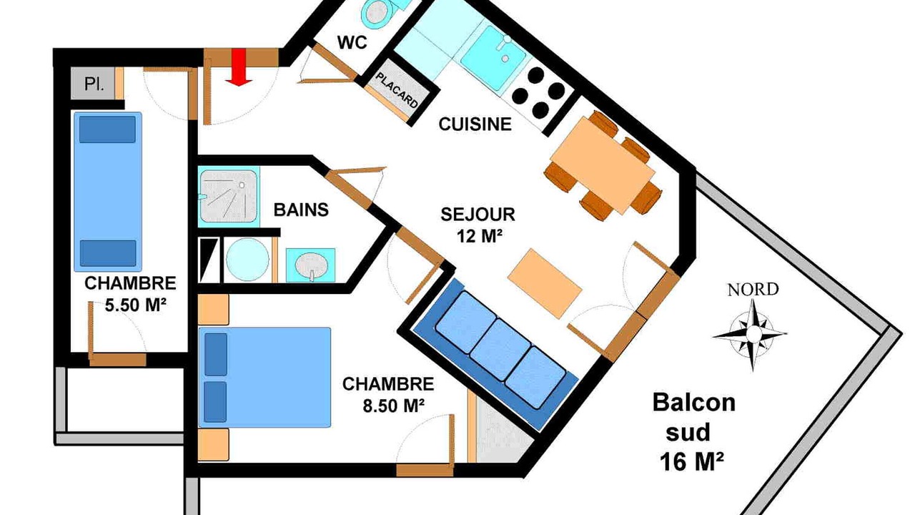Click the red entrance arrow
pyautogui.click(x=239, y=67)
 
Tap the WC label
pyautogui.click(x=352, y=42)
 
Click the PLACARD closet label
pyautogui.click(x=397, y=90)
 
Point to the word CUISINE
pyautogui.click(x=475, y=124)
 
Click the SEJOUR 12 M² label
pyautogui.click(x=478, y=225)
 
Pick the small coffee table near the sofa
pyautogui.click(x=545, y=283)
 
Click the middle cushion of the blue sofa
pyautogui.click(x=500, y=350)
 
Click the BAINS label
pyautogui.click(x=301, y=210)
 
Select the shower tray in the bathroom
pyautogui.click(x=229, y=197)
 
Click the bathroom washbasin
pyautogui.click(x=311, y=265)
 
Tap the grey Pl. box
pyautogui.click(x=93, y=84)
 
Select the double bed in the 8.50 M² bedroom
pyautogui.click(x=264, y=377)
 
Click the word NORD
pyautogui.click(x=753, y=290)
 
